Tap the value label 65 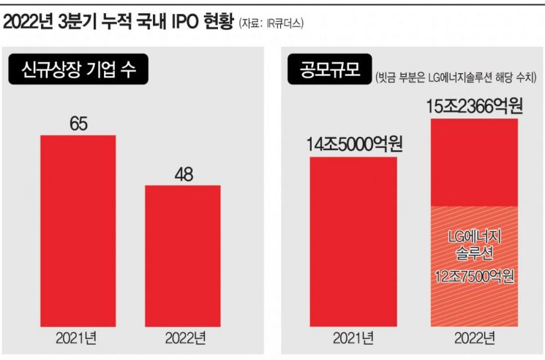78,124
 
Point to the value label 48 183,174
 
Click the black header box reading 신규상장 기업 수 78,72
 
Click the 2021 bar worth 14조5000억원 354,241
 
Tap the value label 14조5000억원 354,145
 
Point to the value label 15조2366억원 475,108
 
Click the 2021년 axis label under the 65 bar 78,338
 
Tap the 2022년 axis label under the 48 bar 183,338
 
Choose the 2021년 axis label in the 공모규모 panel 354,338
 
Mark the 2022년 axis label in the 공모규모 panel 475,338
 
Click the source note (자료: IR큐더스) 271,23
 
